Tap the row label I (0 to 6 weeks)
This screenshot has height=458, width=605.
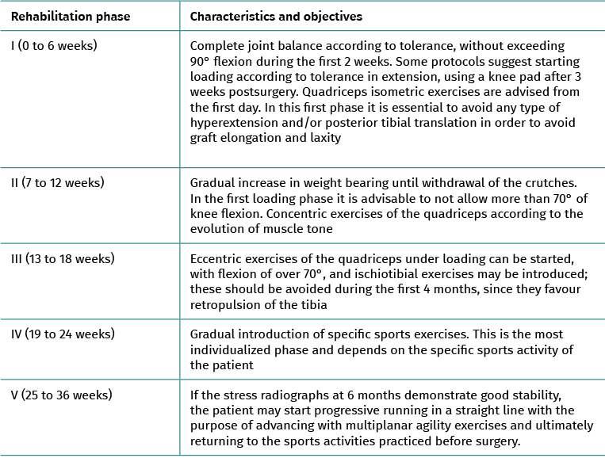coord(54,46)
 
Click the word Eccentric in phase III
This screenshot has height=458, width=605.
coord(220,259)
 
